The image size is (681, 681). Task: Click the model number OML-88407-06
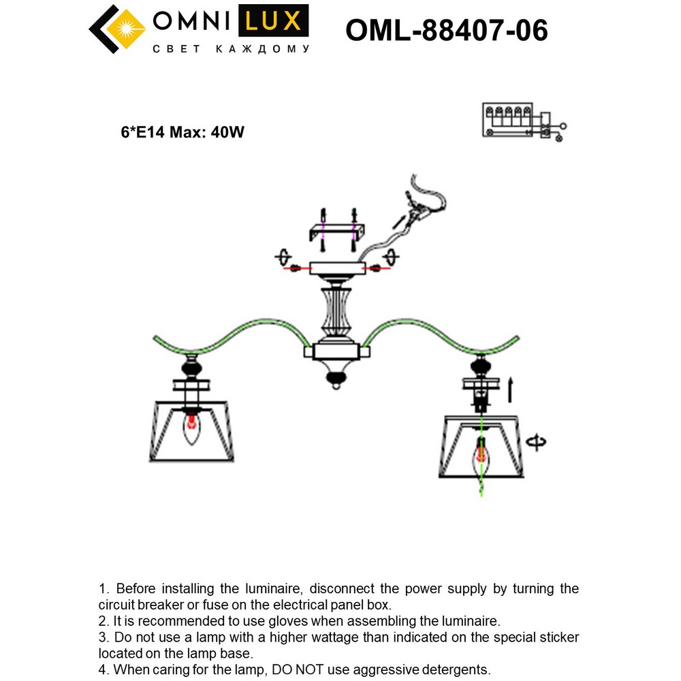[447, 30]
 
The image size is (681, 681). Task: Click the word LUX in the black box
[272, 22]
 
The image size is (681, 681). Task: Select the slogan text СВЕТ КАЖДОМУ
[231, 49]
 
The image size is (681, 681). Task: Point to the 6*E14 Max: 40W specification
[183, 133]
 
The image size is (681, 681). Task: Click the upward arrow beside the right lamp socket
[511, 390]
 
